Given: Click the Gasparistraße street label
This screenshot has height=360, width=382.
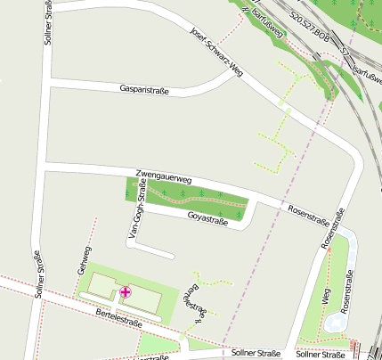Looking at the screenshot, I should click(144, 89).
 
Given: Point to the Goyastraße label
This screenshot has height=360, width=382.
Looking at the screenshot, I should click(207, 219).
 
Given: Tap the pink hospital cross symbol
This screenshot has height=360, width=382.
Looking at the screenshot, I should click(126, 291).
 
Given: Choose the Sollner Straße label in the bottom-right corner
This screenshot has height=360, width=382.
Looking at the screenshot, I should click(326, 355).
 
